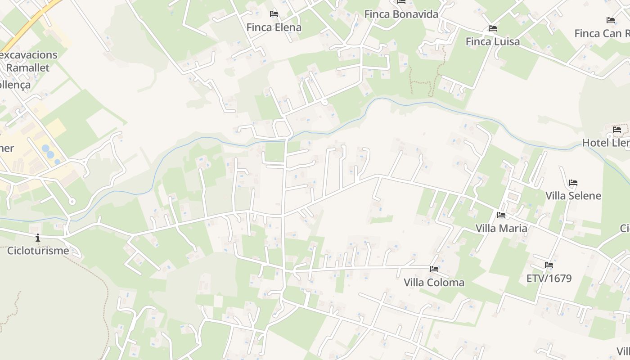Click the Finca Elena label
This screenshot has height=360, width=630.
[274, 27]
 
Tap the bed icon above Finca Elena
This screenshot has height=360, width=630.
[274, 14]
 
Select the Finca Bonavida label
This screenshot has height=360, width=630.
[401, 14]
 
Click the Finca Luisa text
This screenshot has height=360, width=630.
[492, 42]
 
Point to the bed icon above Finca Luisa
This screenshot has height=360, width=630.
[492, 28]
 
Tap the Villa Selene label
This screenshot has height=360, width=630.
[573, 196]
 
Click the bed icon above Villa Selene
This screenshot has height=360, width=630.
[573, 183]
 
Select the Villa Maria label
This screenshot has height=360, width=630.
[501, 228]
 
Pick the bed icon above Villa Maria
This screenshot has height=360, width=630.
[501, 215]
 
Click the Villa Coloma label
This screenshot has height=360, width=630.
[434, 283]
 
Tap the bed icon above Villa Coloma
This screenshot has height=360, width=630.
[434, 269]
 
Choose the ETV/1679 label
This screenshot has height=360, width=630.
[549, 279]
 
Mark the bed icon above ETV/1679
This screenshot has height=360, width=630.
[549, 265]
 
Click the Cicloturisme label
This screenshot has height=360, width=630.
[38, 251]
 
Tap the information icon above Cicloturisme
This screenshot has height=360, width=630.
[38, 237]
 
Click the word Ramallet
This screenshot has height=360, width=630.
[27, 68]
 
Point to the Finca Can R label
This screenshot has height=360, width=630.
[602, 33]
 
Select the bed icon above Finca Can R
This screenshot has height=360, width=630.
[611, 20]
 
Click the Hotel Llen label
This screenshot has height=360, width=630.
[606, 143]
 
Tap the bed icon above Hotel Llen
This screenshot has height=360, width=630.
[616, 130]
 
